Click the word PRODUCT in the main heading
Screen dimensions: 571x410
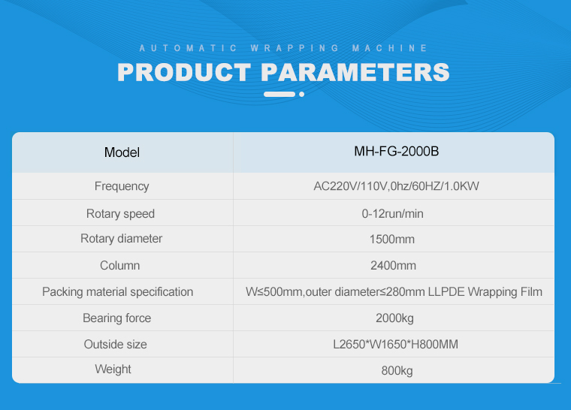click(184, 72)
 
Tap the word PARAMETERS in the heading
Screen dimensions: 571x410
click(355, 72)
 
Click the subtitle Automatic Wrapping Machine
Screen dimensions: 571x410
click(283, 48)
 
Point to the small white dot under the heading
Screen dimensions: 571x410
click(301, 95)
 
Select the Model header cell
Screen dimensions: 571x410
click(122, 152)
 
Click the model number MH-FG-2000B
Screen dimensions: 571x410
click(397, 151)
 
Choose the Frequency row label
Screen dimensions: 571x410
click(122, 186)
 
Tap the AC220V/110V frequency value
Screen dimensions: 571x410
click(396, 186)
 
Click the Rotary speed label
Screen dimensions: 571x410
click(120, 213)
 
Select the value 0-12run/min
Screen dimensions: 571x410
click(392, 213)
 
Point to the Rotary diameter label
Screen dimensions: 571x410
click(121, 239)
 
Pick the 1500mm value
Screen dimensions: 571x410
click(392, 240)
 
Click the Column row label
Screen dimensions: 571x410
click(119, 265)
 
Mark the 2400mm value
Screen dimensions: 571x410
click(393, 265)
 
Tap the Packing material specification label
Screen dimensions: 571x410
click(118, 291)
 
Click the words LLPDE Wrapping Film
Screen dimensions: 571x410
click(485, 291)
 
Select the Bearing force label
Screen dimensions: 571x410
click(117, 318)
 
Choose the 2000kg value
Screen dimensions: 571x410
click(394, 318)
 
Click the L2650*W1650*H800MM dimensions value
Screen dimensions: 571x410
click(395, 344)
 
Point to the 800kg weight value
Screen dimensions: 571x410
click(397, 371)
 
